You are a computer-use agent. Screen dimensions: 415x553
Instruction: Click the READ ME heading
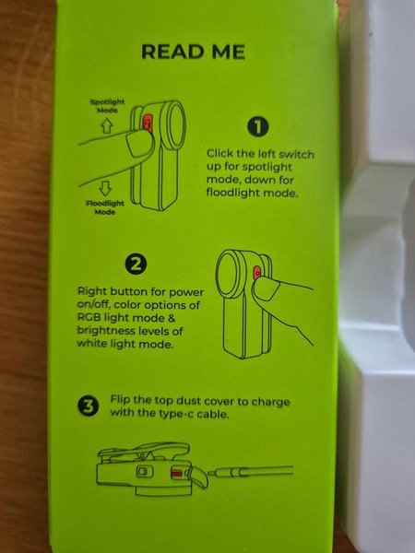coord(193,52)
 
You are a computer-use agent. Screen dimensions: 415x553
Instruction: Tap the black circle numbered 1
coord(257,127)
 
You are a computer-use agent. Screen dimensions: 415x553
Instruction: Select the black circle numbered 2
coord(136,265)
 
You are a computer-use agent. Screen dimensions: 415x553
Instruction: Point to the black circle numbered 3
coord(89,406)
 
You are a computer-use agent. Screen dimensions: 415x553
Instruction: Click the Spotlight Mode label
coord(107,106)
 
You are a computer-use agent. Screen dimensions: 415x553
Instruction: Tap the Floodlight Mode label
coord(105,207)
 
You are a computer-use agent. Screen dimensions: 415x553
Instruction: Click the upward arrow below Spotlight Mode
coord(107,125)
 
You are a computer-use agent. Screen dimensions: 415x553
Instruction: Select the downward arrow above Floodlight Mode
coord(105,188)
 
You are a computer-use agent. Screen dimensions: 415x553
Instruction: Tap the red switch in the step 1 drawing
coord(148,123)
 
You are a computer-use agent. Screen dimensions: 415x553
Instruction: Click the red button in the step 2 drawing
coord(257,273)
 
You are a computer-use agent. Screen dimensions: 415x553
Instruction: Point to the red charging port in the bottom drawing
coord(176,473)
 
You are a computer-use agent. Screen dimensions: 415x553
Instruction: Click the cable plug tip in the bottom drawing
coord(212,473)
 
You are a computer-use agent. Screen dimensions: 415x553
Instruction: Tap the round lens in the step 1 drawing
coord(173,124)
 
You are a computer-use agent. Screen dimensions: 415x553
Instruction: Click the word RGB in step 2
coord(87,317)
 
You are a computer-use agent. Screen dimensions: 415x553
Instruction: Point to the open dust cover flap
coord(199,477)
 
